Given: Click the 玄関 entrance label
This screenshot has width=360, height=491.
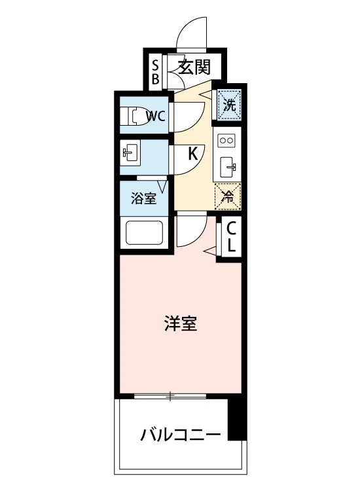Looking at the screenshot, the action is [x=194, y=67].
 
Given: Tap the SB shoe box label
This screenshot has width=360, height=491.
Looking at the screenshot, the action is [x=155, y=72].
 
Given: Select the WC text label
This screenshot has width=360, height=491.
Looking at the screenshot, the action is [x=156, y=116].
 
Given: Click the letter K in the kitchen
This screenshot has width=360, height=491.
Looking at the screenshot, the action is [x=193, y=154].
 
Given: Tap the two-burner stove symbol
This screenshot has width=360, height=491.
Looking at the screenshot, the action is [x=226, y=140].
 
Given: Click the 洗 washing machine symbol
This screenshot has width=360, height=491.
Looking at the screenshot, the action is [x=230, y=104].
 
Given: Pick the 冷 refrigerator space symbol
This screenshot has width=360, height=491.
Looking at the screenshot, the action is [x=228, y=196].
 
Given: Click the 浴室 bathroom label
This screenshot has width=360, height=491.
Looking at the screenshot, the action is [x=144, y=198].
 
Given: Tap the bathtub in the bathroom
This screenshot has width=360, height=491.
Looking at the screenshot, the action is [x=144, y=232].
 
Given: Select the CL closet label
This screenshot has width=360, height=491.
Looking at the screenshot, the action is [x=231, y=237].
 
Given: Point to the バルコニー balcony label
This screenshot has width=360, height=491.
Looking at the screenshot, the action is [x=180, y=435].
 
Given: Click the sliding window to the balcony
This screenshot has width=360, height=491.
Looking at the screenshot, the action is [x=170, y=396].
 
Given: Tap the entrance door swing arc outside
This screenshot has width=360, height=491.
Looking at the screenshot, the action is [x=187, y=26].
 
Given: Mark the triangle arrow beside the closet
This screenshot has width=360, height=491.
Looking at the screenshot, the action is [x=211, y=250].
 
